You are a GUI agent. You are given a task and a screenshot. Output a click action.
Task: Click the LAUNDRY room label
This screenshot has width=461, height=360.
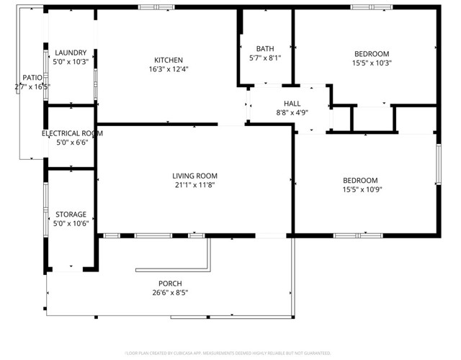click(x=71, y=53)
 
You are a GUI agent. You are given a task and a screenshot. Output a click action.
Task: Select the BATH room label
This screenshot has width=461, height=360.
click(x=264, y=48)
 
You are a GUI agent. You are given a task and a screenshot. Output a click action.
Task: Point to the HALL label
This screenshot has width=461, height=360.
click(x=292, y=104)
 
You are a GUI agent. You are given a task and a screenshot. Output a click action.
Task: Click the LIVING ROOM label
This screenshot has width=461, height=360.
click(x=194, y=176)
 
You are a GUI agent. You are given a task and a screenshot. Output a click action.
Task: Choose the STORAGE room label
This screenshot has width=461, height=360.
click(x=71, y=215)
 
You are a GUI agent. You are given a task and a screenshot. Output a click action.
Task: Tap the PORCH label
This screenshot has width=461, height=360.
click(x=170, y=283)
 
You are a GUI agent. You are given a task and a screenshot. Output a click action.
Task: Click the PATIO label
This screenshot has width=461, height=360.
click(x=32, y=77)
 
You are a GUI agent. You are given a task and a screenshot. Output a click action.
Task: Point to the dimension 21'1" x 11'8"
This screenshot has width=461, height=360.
click(x=194, y=185)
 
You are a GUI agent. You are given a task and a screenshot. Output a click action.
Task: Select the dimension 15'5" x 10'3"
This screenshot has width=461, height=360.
click(x=371, y=63)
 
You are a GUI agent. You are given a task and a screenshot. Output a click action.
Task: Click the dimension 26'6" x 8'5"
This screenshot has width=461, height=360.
click(x=170, y=292)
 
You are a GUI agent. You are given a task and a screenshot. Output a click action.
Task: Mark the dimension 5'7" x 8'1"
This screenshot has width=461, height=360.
click(x=264, y=58)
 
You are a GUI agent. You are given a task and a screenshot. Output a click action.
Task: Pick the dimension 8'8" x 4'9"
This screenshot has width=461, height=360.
click(x=292, y=113)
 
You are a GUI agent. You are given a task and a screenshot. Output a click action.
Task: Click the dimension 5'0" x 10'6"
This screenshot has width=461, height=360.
click(x=71, y=224)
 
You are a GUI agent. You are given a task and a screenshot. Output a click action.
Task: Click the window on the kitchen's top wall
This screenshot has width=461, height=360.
click(x=156, y=7)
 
